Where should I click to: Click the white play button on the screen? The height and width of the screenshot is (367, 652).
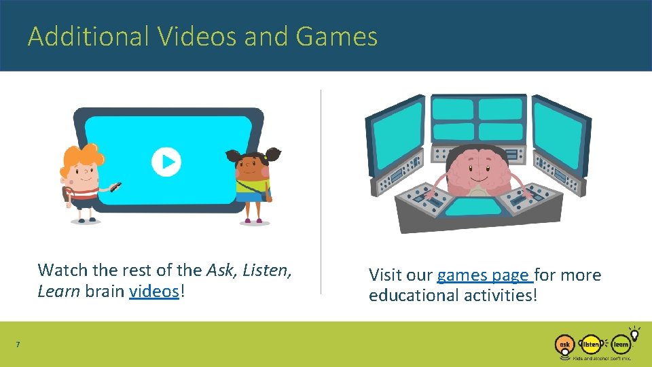(166, 162)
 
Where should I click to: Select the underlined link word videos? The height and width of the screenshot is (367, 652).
(154, 291)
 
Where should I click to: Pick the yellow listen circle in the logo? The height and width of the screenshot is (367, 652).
(591, 345)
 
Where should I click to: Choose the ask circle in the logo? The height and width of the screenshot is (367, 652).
(564, 345)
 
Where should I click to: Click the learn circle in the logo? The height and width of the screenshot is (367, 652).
(620, 345)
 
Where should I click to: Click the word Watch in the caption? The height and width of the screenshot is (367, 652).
(63, 270)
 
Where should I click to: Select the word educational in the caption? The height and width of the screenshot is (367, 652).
(414, 296)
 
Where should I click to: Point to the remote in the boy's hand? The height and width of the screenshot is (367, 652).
(115, 186)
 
